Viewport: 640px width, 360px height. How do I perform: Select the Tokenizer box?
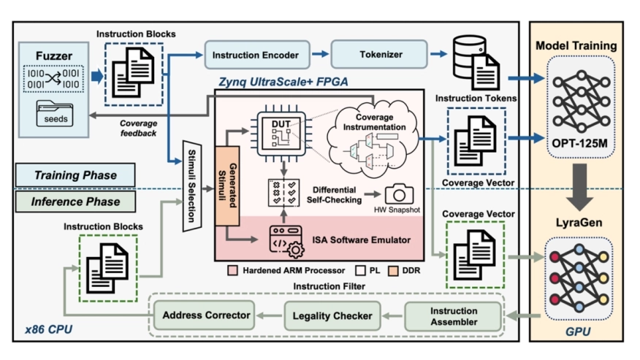378,54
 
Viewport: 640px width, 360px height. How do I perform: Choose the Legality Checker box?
332,315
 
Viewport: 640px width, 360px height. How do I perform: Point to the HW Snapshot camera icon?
400,194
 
